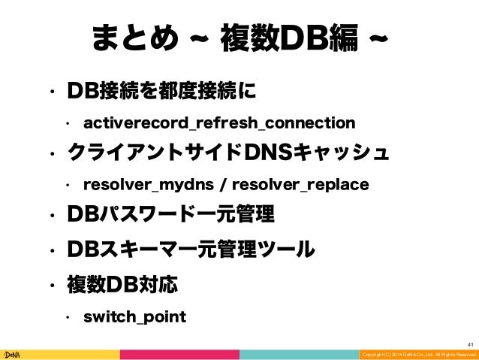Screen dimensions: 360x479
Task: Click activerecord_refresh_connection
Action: [219, 122]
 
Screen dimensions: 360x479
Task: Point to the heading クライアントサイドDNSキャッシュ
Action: [228, 153]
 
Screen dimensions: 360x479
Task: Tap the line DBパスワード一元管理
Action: [172, 216]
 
